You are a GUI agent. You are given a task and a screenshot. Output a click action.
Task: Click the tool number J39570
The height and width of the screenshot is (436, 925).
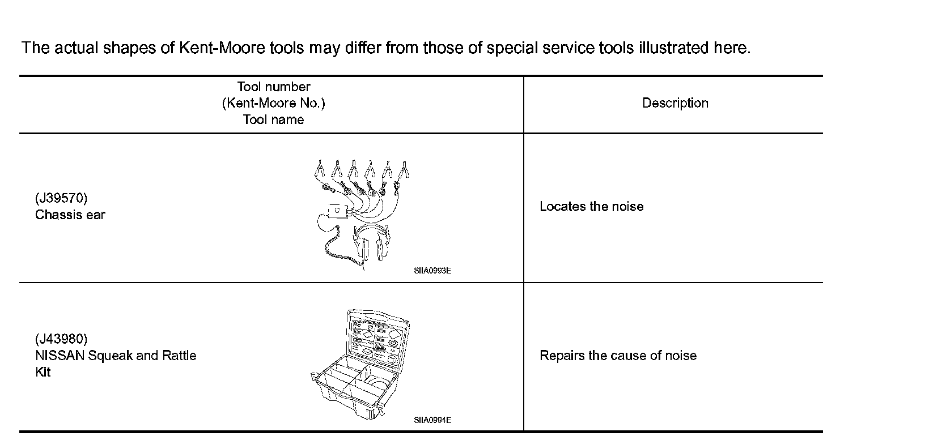(61, 198)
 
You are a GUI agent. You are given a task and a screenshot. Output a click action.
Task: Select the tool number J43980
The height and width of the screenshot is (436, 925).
(61, 339)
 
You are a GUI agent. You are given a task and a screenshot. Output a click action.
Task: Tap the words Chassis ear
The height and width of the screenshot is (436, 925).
(70, 215)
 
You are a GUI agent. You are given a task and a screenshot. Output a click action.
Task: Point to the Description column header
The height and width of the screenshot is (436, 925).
(675, 103)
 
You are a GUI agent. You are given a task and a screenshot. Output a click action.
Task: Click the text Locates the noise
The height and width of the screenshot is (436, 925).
(591, 207)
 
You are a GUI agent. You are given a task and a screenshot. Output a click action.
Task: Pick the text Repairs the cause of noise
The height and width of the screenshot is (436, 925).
(618, 356)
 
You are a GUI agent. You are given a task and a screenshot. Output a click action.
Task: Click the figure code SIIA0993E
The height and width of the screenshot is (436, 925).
(432, 271)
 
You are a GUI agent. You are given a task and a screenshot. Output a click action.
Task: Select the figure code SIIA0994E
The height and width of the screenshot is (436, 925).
(432, 420)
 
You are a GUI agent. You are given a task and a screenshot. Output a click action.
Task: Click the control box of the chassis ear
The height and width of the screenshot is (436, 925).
(337, 211)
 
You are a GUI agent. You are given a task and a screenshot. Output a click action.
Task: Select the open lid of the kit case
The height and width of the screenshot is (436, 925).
(377, 337)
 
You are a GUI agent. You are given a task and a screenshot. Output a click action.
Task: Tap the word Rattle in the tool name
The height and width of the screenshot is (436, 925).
(179, 356)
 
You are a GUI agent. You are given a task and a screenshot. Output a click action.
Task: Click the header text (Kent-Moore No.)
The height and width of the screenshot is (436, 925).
(273, 103)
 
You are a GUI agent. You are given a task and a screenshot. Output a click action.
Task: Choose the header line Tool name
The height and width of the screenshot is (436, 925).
(273, 119)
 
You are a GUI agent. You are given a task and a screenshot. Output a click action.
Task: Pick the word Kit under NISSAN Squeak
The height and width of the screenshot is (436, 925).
(43, 372)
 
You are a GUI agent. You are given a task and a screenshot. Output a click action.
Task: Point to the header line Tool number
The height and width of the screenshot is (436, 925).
(273, 87)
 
